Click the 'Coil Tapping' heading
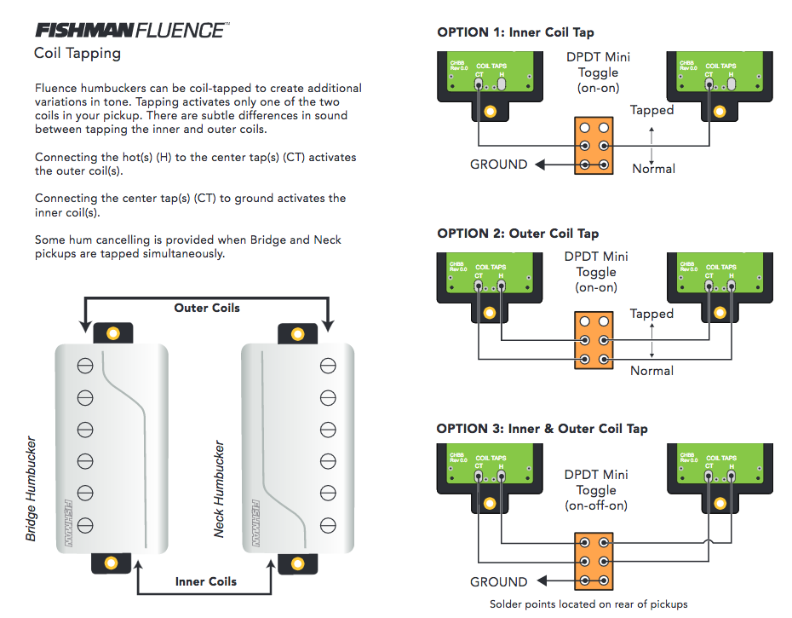tap(77, 54)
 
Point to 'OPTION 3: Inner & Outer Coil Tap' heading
tap(542, 429)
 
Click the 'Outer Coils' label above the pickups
tap(207, 308)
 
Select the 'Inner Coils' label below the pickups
tap(206, 581)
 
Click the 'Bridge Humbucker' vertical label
tap(32, 489)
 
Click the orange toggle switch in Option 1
tap(594, 147)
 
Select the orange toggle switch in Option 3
tap(594, 563)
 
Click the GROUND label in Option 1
tap(499, 165)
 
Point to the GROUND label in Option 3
tap(499, 582)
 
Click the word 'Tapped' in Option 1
tap(651, 110)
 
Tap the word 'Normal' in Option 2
tap(651, 371)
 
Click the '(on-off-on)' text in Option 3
tap(596, 505)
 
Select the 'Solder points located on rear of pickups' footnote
tap(588, 604)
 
